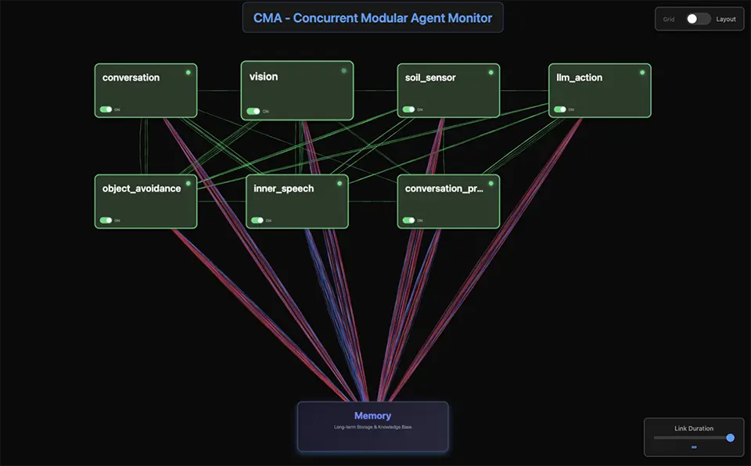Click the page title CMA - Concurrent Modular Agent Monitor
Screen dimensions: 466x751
click(372, 17)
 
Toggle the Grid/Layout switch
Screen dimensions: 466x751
click(698, 19)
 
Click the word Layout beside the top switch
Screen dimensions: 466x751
click(726, 19)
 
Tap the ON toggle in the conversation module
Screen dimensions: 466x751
click(105, 109)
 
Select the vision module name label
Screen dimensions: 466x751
click(264, 77)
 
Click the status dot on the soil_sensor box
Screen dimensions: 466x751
click(491, 72)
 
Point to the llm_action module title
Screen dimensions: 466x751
click(579, 77)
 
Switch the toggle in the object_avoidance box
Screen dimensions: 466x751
click(105, 220)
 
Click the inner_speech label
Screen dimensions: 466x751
click(283, 188)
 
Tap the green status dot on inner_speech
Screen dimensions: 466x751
click(340, 184)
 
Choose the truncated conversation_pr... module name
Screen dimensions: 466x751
click(444, 188)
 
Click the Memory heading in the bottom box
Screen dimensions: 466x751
click(372, 416)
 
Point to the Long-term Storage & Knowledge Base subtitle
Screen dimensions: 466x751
click(372, 427)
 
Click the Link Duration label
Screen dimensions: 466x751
click(694, 428)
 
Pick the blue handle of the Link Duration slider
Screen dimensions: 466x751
click(731, 438)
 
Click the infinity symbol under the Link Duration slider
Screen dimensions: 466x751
click(694, 447)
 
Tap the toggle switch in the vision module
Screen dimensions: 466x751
click(253, 111)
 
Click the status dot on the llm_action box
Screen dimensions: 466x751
click(642, 72)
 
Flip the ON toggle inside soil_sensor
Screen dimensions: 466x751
click(408, 109)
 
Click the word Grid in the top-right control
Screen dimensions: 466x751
click(669, 19)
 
